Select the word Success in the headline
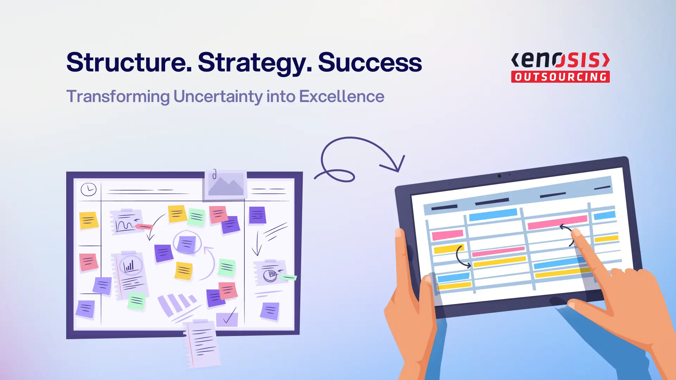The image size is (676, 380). point(370,62)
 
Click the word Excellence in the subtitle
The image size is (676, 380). point(342,96)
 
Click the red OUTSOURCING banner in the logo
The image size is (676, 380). point(560,77)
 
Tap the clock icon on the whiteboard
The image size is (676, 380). point(88,189)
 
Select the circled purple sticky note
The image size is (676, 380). point(187,243)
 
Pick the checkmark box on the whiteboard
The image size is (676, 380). point(227,318)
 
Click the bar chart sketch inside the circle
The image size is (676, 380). point(130,266)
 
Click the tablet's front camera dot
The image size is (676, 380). point(499,176)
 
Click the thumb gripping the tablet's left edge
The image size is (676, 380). point(401,246)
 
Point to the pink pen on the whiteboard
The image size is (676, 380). point(144,227)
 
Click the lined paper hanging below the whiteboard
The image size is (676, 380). point(202,343)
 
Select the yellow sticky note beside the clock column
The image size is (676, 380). point(88,220)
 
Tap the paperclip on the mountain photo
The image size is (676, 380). point(214,174)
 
